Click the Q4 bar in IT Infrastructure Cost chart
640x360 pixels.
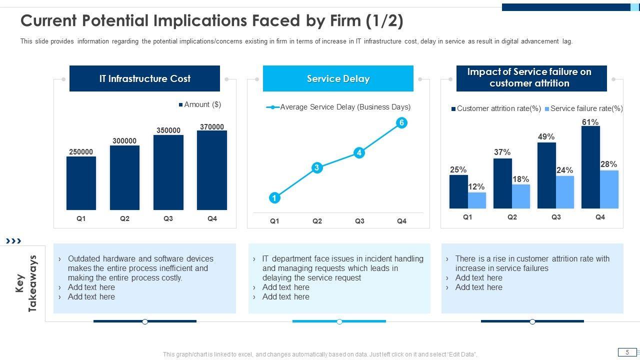(x=212, y=170)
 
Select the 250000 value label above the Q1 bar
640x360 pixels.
(x=81, y=152)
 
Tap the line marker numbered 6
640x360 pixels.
(x=401, y=123)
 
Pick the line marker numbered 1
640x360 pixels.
(x=274, y=198)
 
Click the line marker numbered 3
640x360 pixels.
(x=316, y=168)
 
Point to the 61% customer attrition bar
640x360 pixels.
(x=590, y=167)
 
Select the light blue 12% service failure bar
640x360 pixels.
(x=477, y=200)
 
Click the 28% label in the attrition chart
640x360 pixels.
(x=608, y=164)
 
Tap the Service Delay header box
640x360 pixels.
(x=338, y=78)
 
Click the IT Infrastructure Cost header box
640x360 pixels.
(x=144, y=78)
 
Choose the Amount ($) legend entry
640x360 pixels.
(x=200, y=104)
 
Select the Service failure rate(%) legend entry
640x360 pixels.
(x=583, y=108)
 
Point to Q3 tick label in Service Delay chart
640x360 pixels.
(x=359, y=221)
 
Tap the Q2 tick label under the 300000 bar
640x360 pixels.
(x=124, y=218)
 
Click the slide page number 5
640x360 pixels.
(x=627, y=352)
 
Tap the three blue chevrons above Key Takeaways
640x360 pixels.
(x=13, y=241)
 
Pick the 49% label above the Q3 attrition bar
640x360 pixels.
(x=546, y=136)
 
